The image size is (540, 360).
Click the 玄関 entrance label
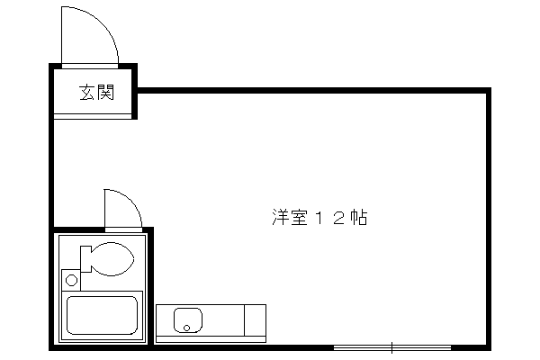click(x=96, y=93)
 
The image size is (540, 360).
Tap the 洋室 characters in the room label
click(x=290, y=218)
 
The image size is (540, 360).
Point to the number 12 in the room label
click(x=328, y=218)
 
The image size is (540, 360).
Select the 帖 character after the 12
click(x=358, y=218)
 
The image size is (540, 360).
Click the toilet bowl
click(x=112, y=258)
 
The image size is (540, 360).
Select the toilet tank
click(x=85, y=258)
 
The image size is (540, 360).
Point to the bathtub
click(x=102, y=315)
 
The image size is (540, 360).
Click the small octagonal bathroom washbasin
click(x=72, y=280)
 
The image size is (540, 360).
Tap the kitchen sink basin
click(x=188, y=320)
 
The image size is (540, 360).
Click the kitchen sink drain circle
click(x=186, y=328)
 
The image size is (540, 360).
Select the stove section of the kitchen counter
click(x=256, y=320)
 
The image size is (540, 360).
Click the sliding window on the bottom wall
click(x=392, y=347)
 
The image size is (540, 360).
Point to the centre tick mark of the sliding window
click(x=391, y=347)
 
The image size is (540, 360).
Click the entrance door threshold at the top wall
click(x=90, y=66)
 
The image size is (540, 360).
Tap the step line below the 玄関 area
click(x=93, y=116)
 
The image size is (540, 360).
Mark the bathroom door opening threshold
click(x=123, y=229)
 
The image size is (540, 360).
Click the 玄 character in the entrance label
click(x=87, y=93)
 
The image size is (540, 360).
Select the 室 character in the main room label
click(x=299, y=218)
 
